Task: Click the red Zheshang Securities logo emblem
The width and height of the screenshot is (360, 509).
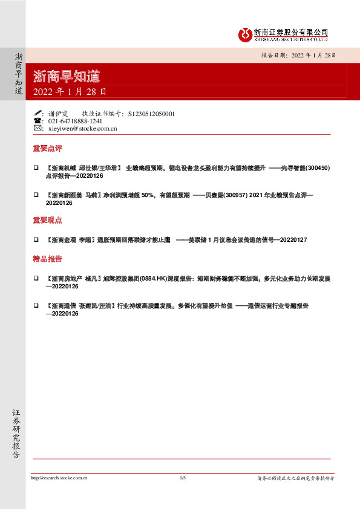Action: [244, 34]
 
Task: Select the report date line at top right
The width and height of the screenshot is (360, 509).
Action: [298, 54]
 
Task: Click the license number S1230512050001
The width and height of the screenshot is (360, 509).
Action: [151, 113]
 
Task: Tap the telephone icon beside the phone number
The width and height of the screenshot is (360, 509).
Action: [38, 121]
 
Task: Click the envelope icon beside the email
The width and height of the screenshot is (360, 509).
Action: [38, 128]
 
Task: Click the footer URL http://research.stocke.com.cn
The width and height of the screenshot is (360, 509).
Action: [59, 478]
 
